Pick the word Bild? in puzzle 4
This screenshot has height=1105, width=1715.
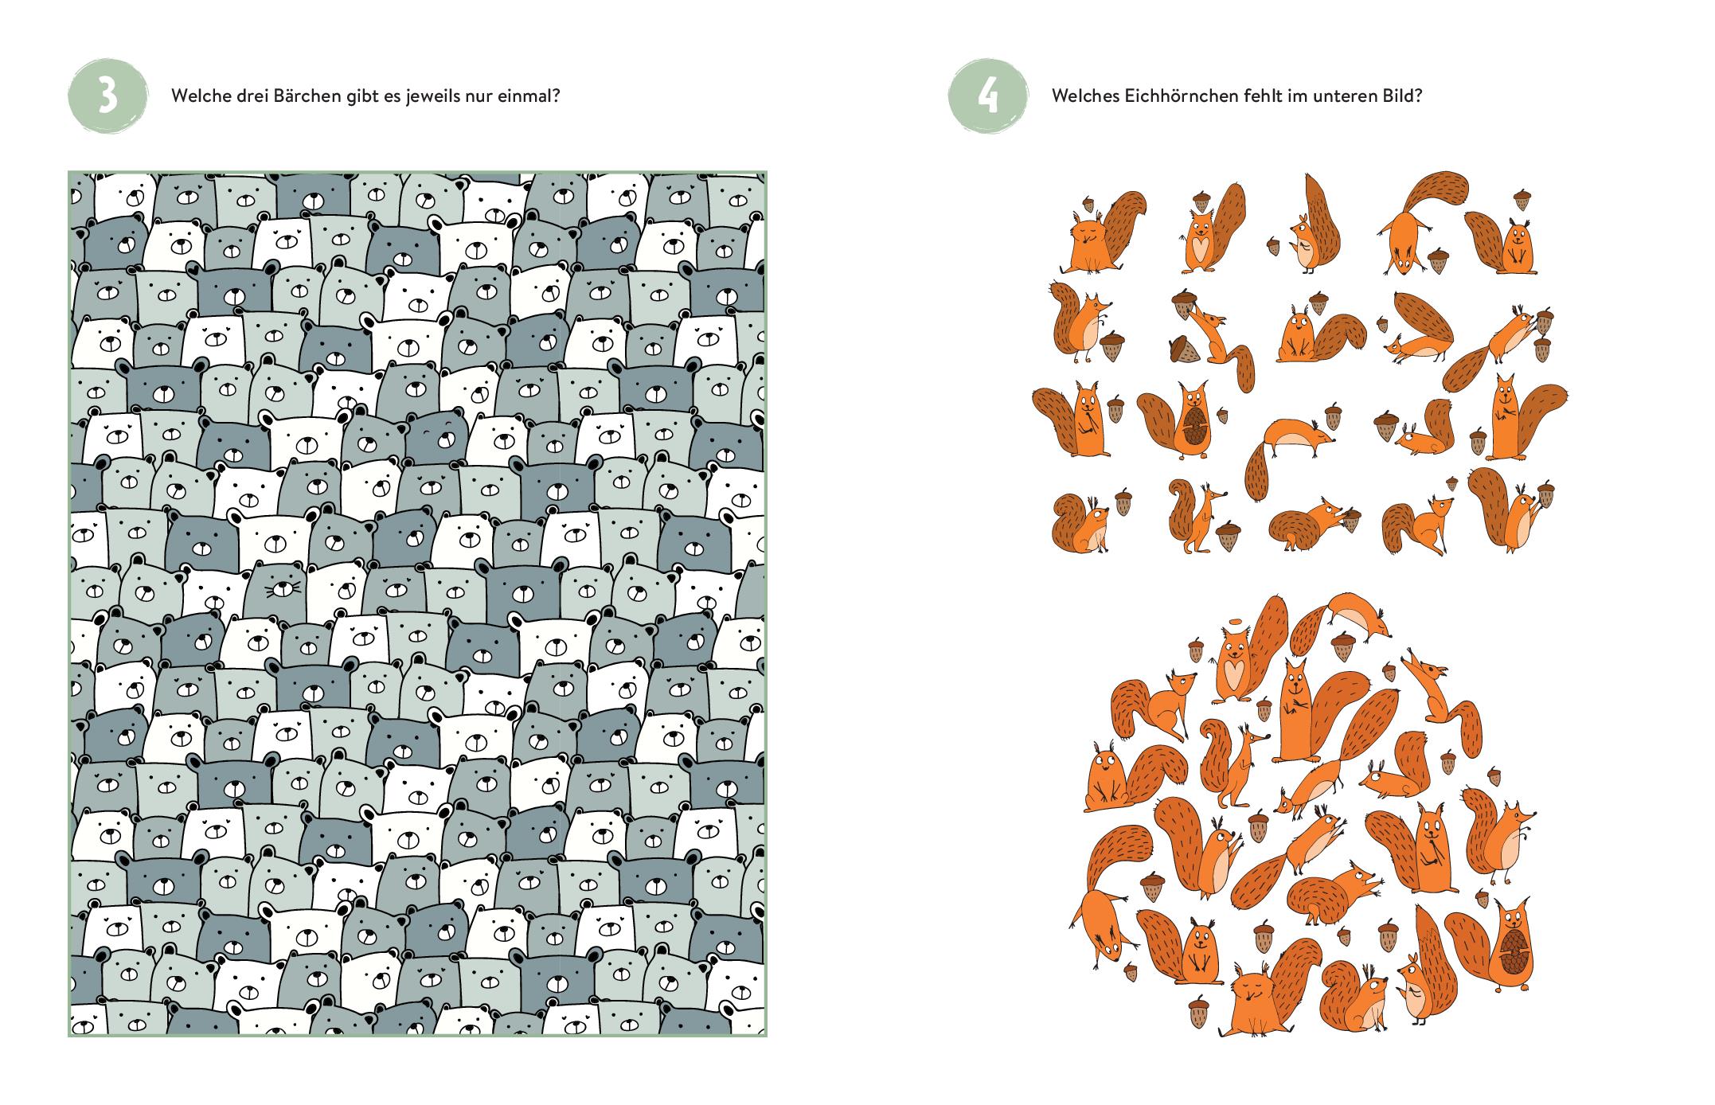(1402, 96)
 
